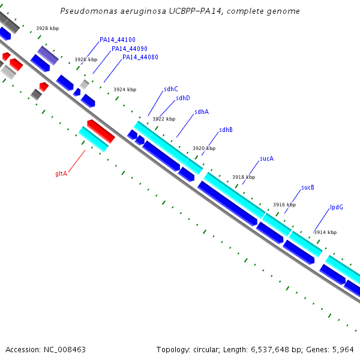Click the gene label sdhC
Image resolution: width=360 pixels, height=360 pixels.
(171, 89)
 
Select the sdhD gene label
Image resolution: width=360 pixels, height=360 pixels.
(183, 98)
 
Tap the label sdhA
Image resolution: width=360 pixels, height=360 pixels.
(202, 112)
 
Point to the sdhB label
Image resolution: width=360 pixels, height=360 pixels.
(226, 130)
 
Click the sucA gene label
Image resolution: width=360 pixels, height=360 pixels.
(267, 159)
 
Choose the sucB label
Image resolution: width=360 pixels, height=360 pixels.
(308, 187)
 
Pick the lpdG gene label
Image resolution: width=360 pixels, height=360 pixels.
(337, 208)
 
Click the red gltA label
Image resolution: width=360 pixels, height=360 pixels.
(61, 173)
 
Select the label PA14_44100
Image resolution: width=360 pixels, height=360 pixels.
(118, 40)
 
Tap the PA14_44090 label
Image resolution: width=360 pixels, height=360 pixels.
(130, 49)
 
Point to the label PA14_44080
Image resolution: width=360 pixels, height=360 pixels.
(140, 57)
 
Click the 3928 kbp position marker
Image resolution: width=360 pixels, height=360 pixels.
(47, 28)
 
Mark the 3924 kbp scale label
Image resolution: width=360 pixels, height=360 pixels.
(125, 89)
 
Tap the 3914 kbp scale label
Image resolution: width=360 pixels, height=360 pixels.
(325, 232)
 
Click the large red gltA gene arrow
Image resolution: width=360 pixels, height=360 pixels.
(100, 131)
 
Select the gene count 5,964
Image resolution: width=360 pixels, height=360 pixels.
(342, 349)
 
